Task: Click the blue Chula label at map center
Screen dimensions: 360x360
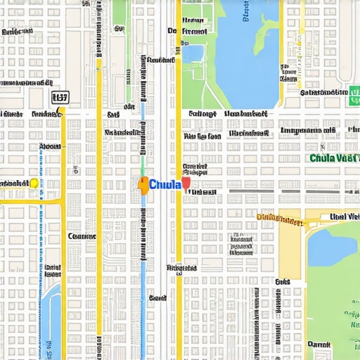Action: pos(165,184)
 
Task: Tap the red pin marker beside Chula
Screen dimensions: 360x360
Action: pos(186,184)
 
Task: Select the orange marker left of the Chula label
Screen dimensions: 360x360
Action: pos(143,185)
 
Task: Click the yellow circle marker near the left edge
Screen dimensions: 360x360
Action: pos(34,183)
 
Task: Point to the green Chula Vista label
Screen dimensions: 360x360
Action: pos(334,158)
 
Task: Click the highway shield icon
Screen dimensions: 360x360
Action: pos(60,98)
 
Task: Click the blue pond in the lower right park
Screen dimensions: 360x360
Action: pos(330,246)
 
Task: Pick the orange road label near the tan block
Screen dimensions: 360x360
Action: pos(280,219)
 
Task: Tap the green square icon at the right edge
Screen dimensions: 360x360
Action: pos(354,96)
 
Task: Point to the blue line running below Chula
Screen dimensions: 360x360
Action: pos(145,246)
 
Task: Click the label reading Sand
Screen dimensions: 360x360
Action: pos(157,298)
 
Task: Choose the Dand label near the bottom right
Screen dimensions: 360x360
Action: pos(319,345)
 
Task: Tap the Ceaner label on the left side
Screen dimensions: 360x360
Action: pos(82,237)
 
